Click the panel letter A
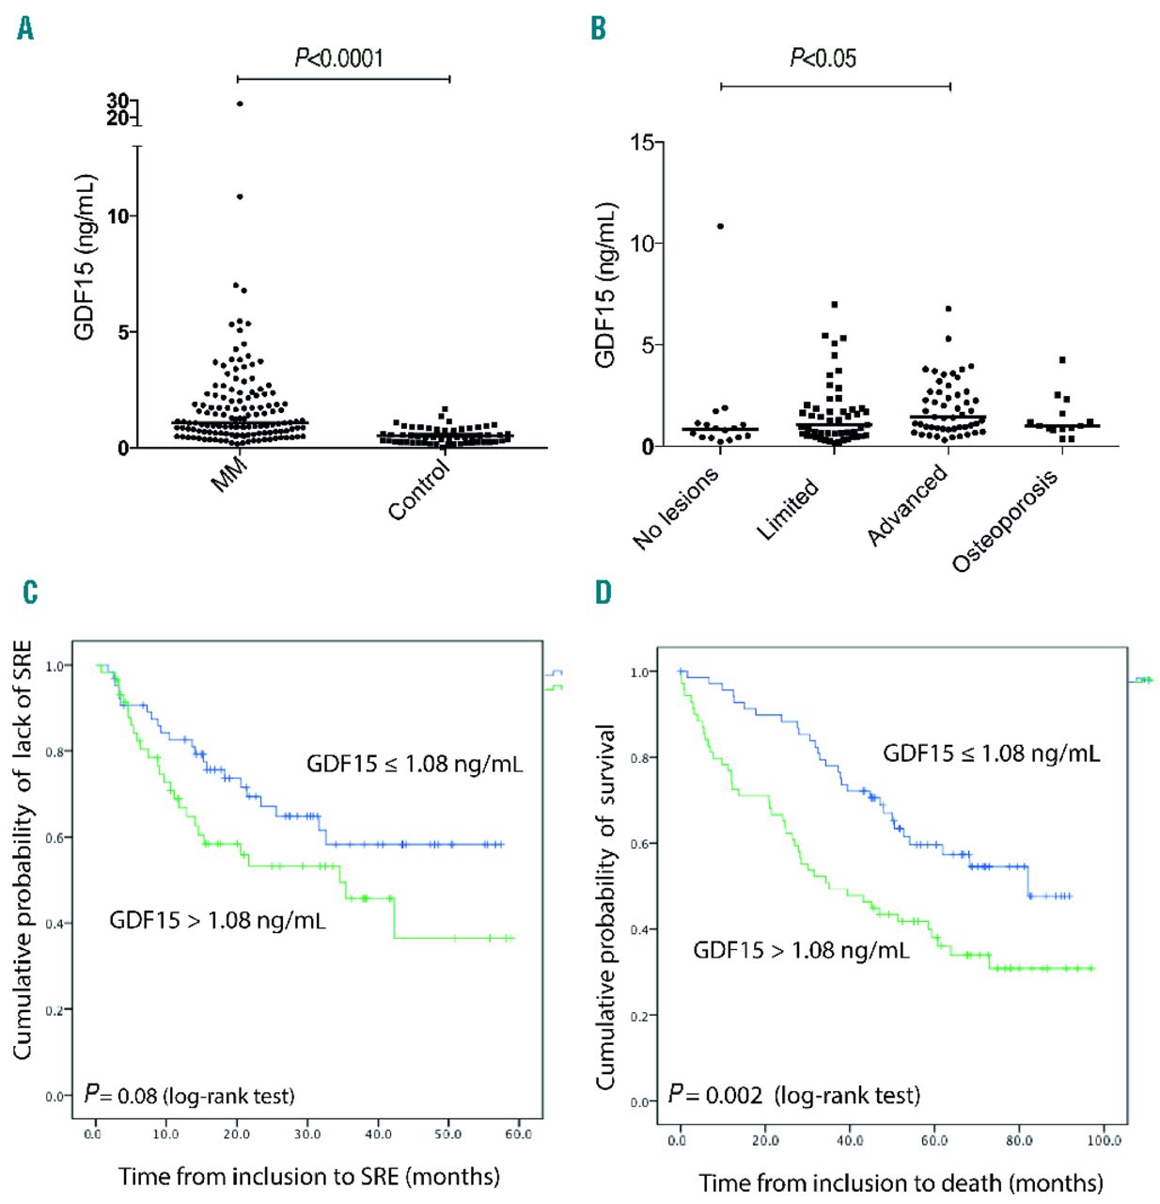[x=25, y=29]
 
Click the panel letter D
[x=603, y=592]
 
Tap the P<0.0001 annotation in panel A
[x=339, y=58]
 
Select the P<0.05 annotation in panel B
[x=823, y=58]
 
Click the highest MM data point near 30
[x=240, y=103]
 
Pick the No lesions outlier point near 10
[x=720, y=226]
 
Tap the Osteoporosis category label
[x=1004, y=521]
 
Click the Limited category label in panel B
[x=788, y=509]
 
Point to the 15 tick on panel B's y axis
[x=642, y=142]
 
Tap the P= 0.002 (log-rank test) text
[x=794, y=1095]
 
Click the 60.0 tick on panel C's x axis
[x=518, y=1134]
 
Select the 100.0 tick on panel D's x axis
[x=1105, y=1141]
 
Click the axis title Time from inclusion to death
[x=901, y=1182]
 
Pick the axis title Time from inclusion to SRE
[x=309, y=1176]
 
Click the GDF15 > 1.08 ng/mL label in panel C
[x=217, y=920]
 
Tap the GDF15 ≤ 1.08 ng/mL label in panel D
[x=991, y=753]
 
